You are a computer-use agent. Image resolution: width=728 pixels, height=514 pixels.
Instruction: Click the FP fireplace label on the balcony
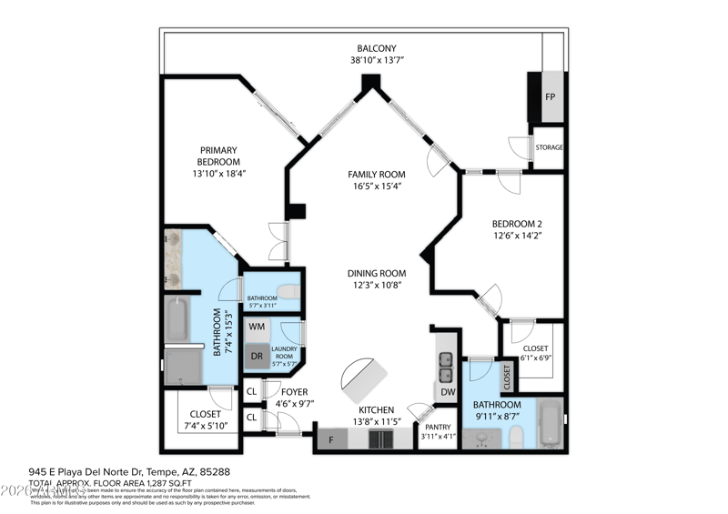550,96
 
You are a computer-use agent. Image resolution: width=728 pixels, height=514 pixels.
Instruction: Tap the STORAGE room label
549,147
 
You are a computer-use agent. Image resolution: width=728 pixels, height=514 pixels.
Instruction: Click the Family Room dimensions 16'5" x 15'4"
376,186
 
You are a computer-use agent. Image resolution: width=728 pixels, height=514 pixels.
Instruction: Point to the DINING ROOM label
376,273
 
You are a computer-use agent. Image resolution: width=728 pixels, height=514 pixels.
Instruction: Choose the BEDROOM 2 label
517,225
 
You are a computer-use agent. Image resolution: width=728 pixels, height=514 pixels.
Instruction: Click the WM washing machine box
258,326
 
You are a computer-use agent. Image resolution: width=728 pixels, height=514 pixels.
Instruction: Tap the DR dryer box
258,357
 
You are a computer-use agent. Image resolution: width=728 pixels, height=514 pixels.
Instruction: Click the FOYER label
294,392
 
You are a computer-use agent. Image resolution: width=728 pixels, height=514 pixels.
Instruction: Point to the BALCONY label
376,48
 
